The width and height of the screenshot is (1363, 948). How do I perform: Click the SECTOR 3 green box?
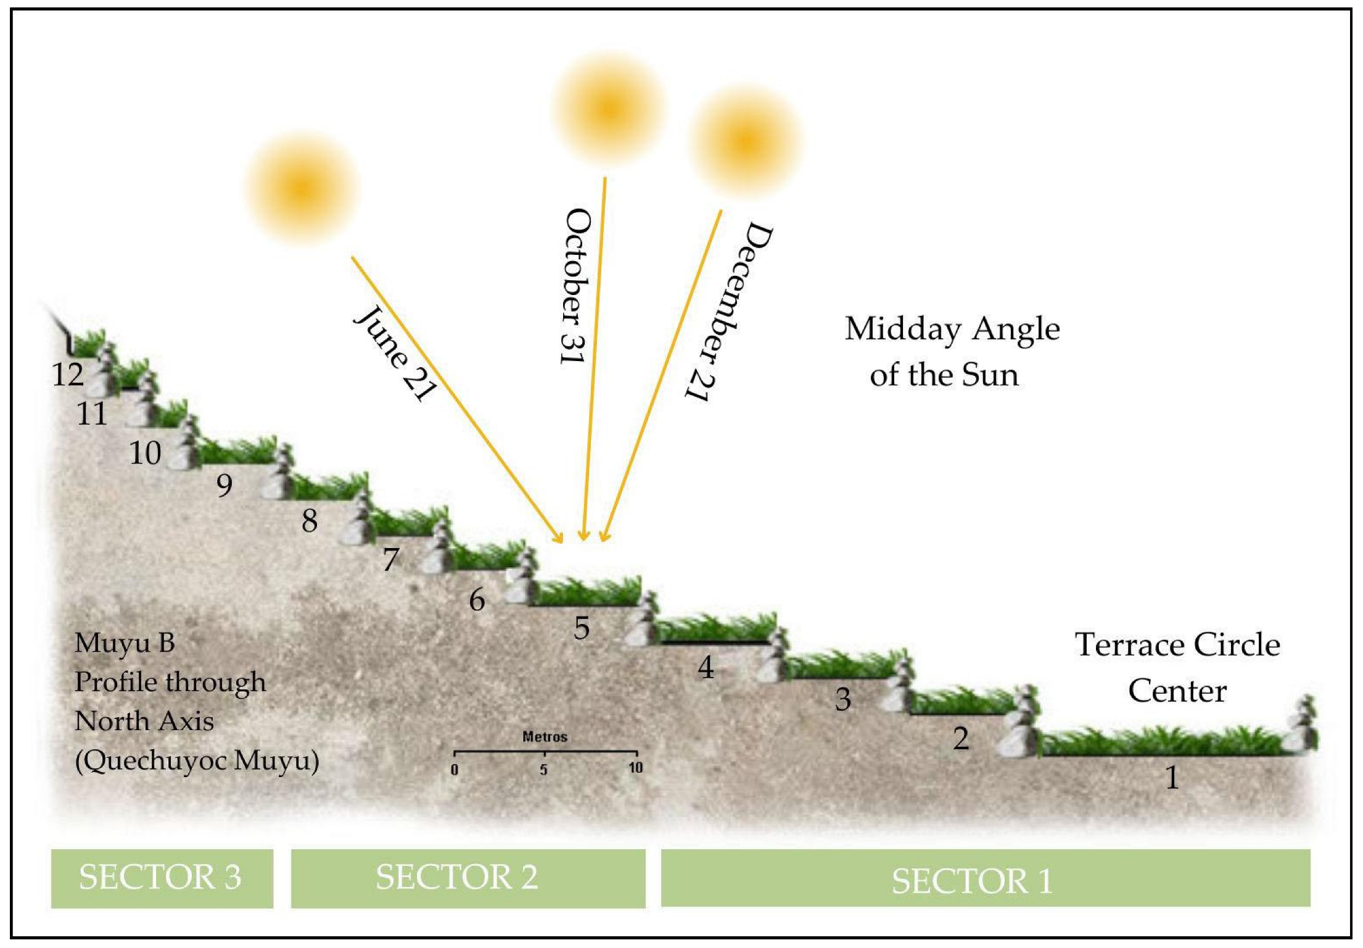tap(162, 878)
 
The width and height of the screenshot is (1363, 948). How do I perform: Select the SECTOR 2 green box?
tap(467, 878)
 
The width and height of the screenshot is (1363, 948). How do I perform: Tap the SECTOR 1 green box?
tap(985, 878)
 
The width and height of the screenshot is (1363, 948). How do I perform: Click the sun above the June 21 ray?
tap(302, 188)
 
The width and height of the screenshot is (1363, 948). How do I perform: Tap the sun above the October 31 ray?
tap(609, 107)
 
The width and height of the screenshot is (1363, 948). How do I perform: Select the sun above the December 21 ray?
tap(746, 140)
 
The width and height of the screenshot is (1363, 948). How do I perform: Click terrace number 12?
tap(68, 375)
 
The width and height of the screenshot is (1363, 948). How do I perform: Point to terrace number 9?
tap(224, 485)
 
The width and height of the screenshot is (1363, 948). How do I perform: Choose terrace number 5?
tap(582, 628)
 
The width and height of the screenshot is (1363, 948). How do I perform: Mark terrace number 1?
tap(1172, 777)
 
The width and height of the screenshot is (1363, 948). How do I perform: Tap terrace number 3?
tap(843, 699)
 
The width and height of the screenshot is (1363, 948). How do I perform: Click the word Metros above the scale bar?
tap(545, 736)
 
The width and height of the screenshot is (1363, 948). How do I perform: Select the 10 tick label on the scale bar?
tap(635, 768)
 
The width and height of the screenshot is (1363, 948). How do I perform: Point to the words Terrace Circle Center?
tap(1177, 667)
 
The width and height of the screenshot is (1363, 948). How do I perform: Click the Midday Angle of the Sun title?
tap(952, 351)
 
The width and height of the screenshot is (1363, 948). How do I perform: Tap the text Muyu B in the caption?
tap(125, 643)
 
